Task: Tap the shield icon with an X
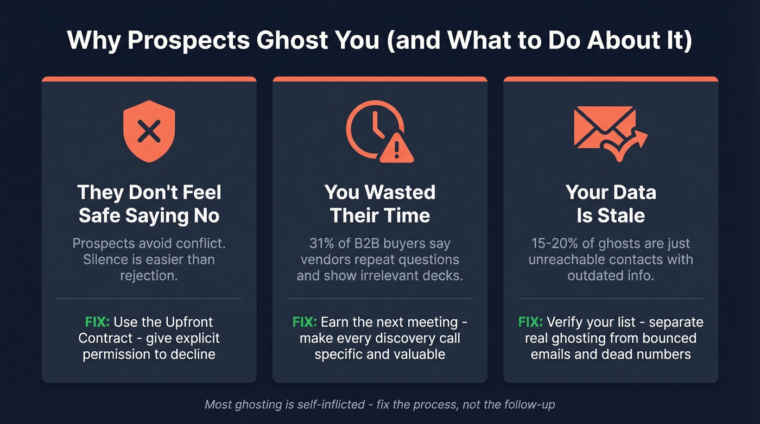(149, 132)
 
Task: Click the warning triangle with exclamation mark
(396, 147)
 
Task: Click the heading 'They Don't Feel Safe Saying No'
(149, 204)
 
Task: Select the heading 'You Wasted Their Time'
(379, 204)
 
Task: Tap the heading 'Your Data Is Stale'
(611, 204)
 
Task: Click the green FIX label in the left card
(97, 322)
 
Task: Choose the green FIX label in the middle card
(305, 322)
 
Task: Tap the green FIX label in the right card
(530, 322)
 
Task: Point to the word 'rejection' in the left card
(148, 276)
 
